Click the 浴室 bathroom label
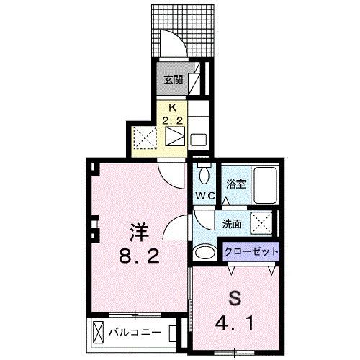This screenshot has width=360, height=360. click(x=237, y=184)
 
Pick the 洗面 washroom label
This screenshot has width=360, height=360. click(x=231, y=223)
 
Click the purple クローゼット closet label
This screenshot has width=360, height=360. click(x=250, y=251)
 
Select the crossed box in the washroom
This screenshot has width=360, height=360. click(x=260, y=223)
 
